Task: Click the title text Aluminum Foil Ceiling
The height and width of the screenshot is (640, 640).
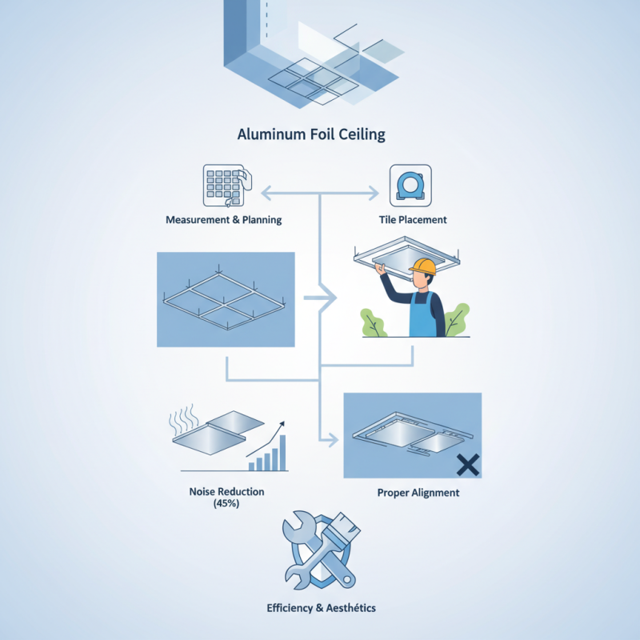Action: [311, 134]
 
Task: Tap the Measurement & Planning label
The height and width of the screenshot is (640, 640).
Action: [223, 219]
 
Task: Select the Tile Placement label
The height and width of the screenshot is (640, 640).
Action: [413, 219]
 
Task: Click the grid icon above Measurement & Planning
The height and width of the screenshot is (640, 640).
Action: [222, 185]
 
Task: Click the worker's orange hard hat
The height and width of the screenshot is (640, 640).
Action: [422, 267]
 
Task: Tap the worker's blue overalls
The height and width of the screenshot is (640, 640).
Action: [422, 315]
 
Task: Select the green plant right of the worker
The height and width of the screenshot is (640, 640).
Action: [457, 320]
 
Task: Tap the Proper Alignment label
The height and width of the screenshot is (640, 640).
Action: [418, 493]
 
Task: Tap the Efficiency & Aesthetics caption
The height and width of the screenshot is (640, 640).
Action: [320, 608]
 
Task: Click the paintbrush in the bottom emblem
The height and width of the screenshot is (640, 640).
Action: [340, 544]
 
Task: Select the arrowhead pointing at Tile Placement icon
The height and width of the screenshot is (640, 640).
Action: [372, 193]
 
